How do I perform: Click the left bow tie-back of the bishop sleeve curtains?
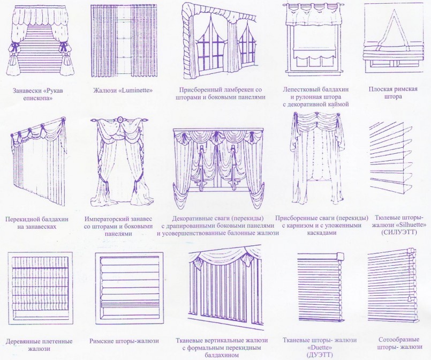[x=14, y=46]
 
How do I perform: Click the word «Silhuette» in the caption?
[x=411, y=225]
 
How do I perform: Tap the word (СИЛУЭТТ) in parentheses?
[x=399, y=232]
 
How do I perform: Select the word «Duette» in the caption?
[x=320, y=347]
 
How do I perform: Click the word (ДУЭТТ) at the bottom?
[x=320, y=355]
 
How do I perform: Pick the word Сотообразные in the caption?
[x=399, y=340]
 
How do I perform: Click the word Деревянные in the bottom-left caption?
[x=24, y=342]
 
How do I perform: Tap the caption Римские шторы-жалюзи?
[x=124, y=341]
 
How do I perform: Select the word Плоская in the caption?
[x=381, y=89]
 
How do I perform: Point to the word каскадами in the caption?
[x=322, y=232]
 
